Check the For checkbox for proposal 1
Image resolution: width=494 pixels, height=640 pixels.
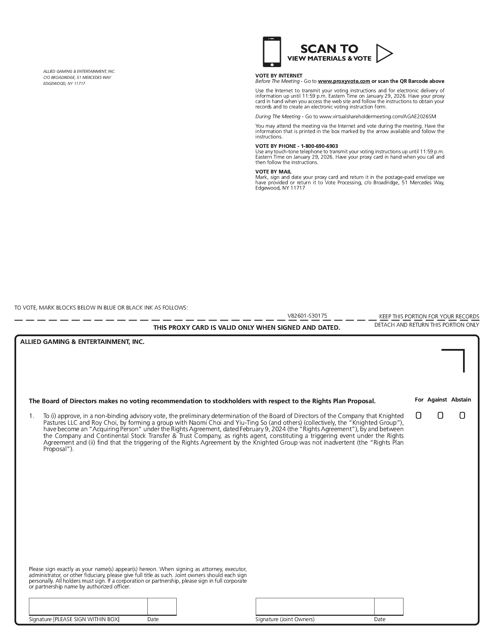point(418,415)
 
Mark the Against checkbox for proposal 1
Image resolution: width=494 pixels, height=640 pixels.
point(440,415)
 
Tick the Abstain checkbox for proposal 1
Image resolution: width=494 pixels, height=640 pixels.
point(462,415)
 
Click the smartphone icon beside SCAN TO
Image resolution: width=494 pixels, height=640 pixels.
point(272,52)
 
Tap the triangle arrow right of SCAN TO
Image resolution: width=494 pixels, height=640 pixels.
point(384,53)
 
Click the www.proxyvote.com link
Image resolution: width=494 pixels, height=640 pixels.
point(344,81)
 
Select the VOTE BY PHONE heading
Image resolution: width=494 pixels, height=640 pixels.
point(296,146)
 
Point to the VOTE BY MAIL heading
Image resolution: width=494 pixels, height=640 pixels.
point(273,172)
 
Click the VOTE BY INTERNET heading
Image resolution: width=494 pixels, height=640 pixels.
point(279,76)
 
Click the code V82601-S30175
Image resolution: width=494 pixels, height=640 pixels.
point(307,316)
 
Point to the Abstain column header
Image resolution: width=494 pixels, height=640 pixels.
point(461,399)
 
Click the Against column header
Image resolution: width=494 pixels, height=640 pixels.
point(437,399)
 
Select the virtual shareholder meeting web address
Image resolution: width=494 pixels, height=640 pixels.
point(377,117)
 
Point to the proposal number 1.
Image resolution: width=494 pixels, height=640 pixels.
point(32,416)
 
